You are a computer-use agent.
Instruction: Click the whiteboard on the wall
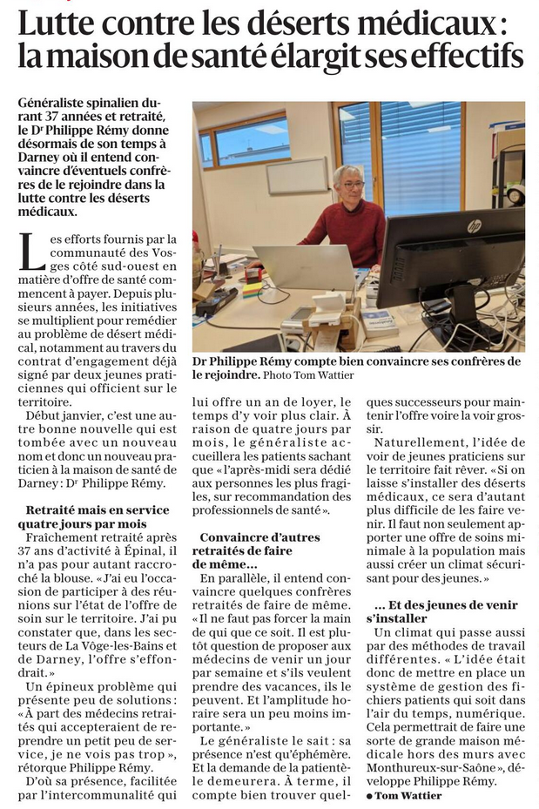(297, 175)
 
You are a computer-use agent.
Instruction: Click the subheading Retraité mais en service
(98, 509)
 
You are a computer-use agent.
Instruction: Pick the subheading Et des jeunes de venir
(446, 605)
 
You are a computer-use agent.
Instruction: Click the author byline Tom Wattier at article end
(408, 796)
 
